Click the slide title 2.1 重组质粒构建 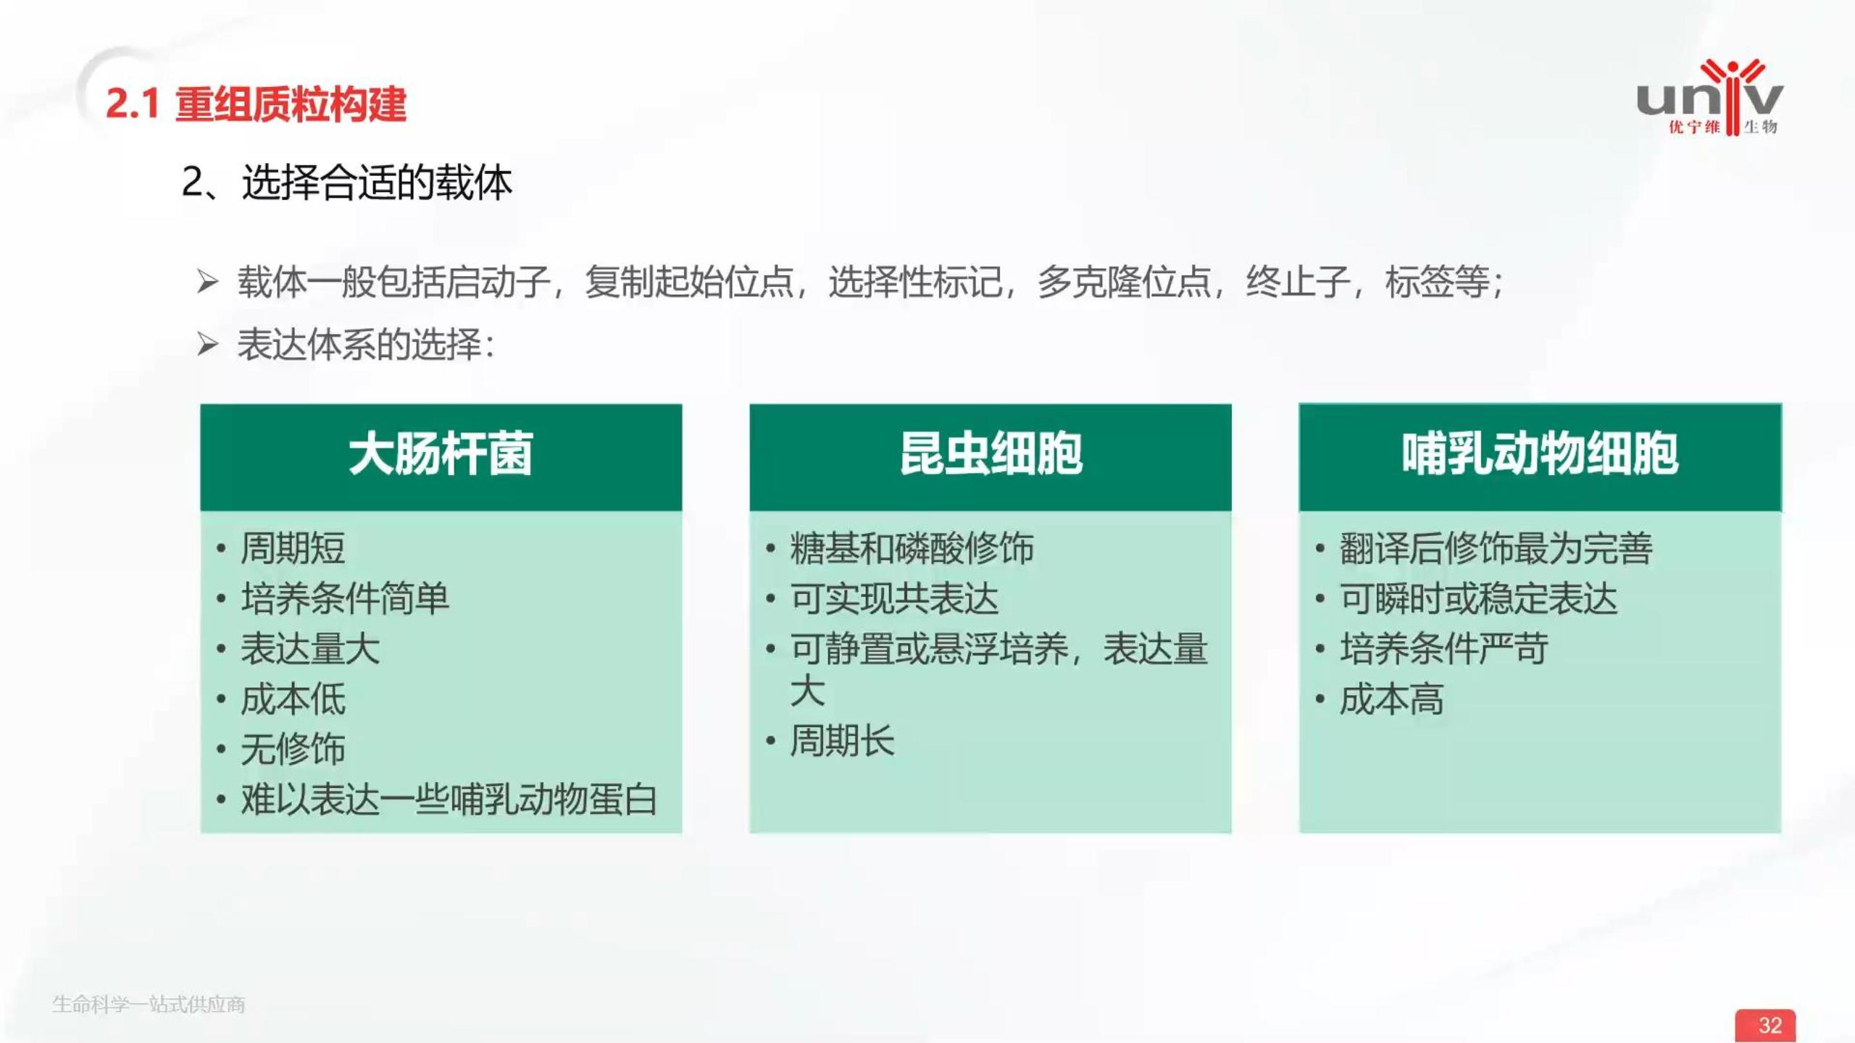[256, 104]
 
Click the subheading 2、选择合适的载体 [346, 182]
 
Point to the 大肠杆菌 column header [441, 455]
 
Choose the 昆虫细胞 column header [991, 455]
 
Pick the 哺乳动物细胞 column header [1540, 455]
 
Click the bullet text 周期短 [293, 548]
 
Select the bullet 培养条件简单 [345, 598]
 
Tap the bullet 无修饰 [293, 749]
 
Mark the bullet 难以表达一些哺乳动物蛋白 [449, 800]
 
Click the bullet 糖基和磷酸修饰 [912, 548]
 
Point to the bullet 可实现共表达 [894, 598]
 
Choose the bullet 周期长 [842, 740]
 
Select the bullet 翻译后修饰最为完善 [1496, 548]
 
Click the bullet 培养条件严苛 [1443, 648]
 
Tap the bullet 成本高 [1391, 699]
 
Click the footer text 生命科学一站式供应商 [149, 1005]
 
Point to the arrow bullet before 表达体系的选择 [207, 344]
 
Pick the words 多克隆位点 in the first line [1123, 282]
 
